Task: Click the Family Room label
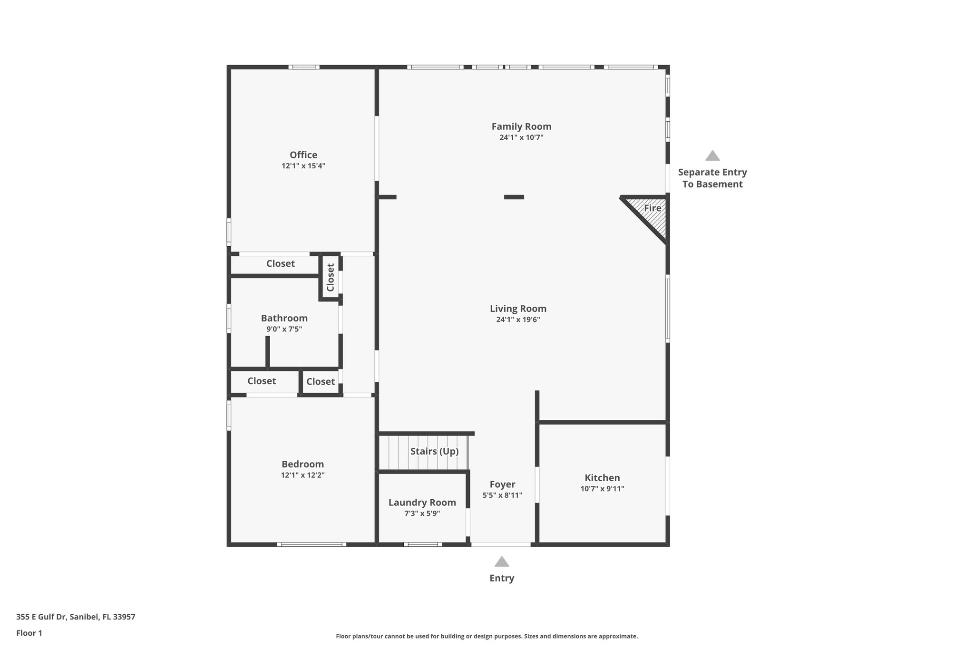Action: tap(521, 126)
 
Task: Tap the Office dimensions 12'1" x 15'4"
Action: tap(303, 166)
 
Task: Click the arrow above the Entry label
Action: tap(502, 562)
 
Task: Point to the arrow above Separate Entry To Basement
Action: tap(712, 155)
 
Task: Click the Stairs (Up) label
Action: tap(434, 451)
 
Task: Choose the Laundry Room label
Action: tap(422, 503)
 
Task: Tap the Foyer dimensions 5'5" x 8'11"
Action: tap(502, 495)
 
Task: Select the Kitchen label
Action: tap(602, 478)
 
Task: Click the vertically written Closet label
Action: tap(331, 277)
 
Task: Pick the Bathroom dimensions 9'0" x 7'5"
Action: tap(284, 329)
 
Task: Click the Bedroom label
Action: tap(302, 464)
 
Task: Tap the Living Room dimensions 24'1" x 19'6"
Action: tap(518, 320)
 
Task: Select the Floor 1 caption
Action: tap(29, 633)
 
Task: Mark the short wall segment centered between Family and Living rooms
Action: tap(514, 197)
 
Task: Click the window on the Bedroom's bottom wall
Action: tap(312, 544)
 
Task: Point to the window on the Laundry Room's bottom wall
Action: tap(422, 544)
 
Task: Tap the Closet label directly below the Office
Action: tap(280, 263)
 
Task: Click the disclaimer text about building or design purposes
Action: tap(487, 636)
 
